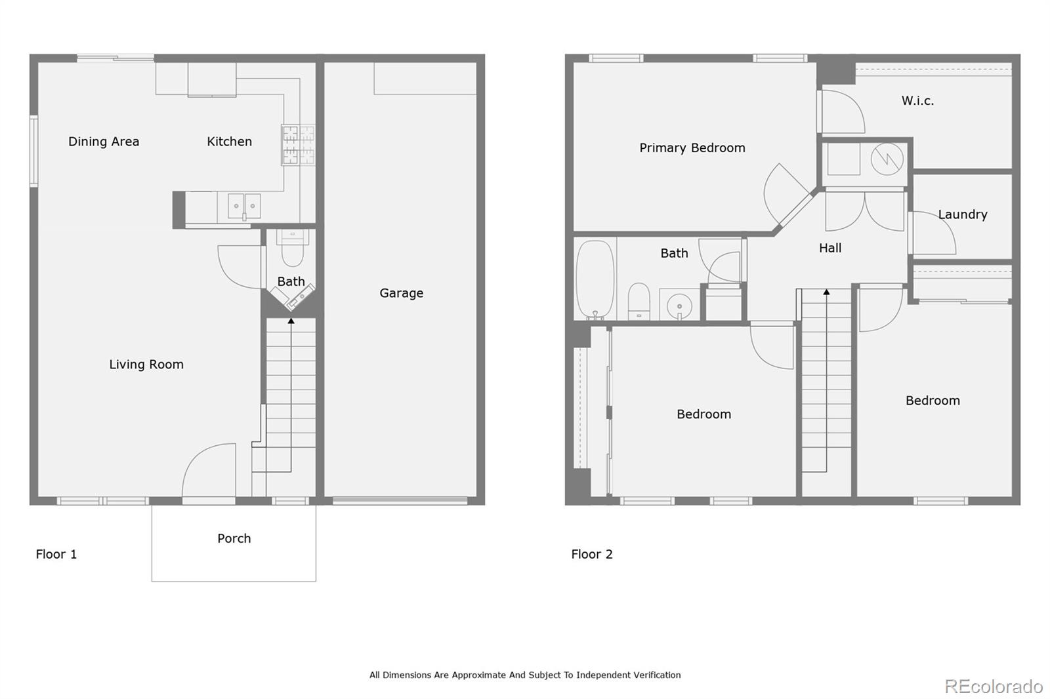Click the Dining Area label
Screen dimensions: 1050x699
click(x=104, y=142)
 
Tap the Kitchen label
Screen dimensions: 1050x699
click(x=229, y=142)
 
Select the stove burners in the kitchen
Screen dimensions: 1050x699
click(x=298, y=145)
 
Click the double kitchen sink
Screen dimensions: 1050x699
click(x=244, y=206)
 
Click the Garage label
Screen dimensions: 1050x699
click(x=401, y=293)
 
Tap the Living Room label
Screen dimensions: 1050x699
click(x=146, y=365)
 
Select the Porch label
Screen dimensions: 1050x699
click(x=234, y=538)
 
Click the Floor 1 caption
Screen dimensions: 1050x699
click(x=56, y=554)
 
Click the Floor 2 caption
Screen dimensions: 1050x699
click(x=591, y=554)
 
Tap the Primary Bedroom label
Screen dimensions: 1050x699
click(x=692, y=148)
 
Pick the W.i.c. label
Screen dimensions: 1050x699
click(x=917, y=101)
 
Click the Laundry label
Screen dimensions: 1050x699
click(x=962, y=214)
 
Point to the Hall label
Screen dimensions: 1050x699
click(x=829, y=248)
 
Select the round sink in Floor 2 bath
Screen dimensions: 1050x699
click(x=679, y=306)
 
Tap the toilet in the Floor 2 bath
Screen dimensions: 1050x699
click(x=639, y=301)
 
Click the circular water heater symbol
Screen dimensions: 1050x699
click(x=887, y=159)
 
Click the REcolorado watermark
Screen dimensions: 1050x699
click(x=994, y=687)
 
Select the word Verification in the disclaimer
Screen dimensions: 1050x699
click(x=657, y=675)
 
